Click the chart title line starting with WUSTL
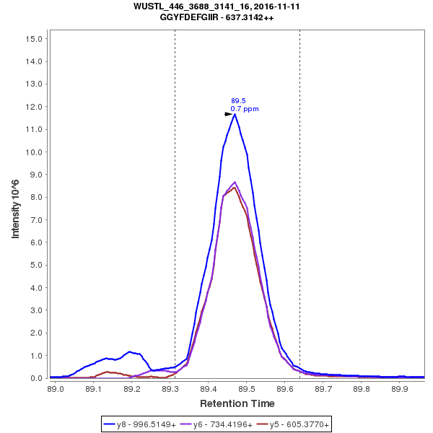tap(216, 6)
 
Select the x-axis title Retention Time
tap(237, 403)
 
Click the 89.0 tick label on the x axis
tap(56, 388)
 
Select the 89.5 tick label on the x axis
tap(247, 388)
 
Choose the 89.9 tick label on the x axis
tap(400, 388)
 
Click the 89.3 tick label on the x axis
tap(170, 388)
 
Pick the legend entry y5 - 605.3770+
tap(295, 425)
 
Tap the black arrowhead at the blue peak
tap(228, 114)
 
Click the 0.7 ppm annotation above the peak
tap(245, 109)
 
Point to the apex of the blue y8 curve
tap(235, 114)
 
